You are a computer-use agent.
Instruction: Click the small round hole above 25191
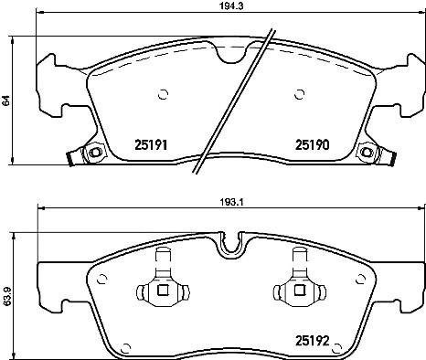[x=163, y=92]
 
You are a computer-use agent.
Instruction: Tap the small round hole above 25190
[x=301, y=92]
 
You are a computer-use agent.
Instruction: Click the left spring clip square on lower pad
[x=162, y=292]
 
